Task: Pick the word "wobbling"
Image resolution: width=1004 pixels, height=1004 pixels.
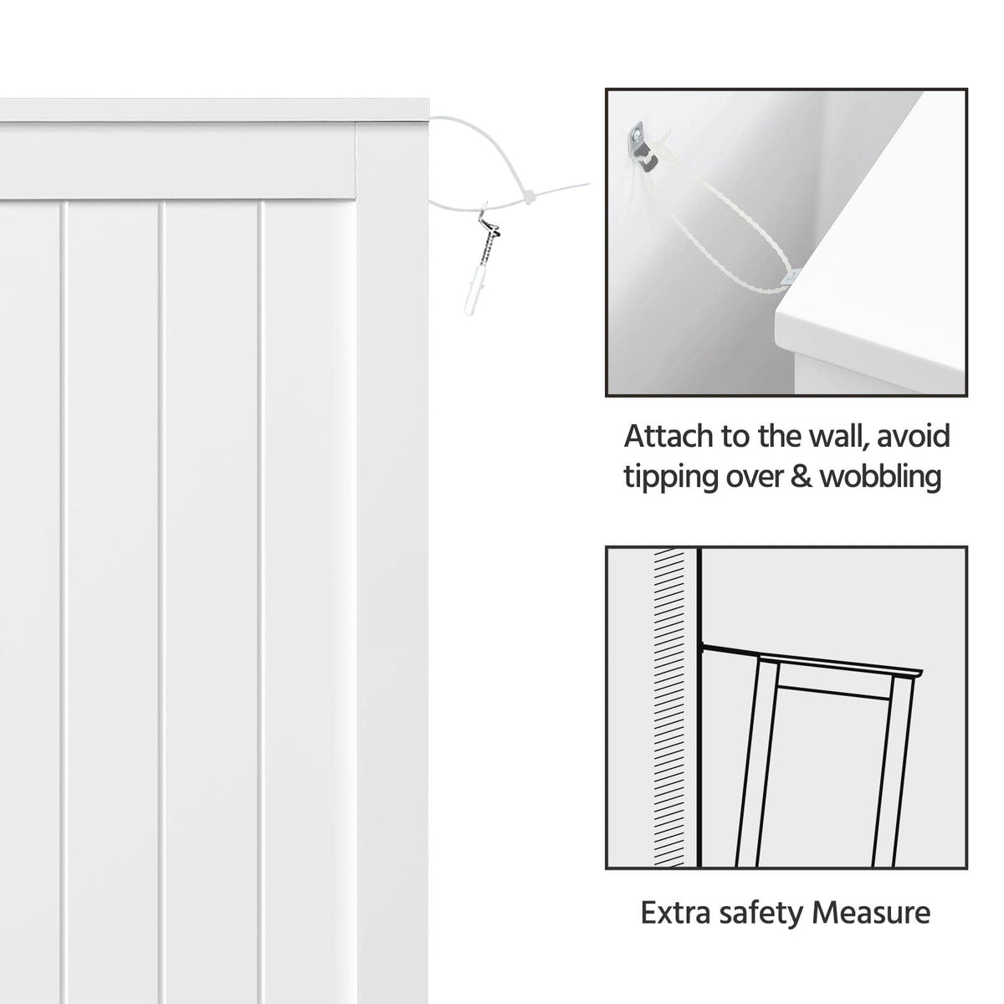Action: (x=881, y=476)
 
